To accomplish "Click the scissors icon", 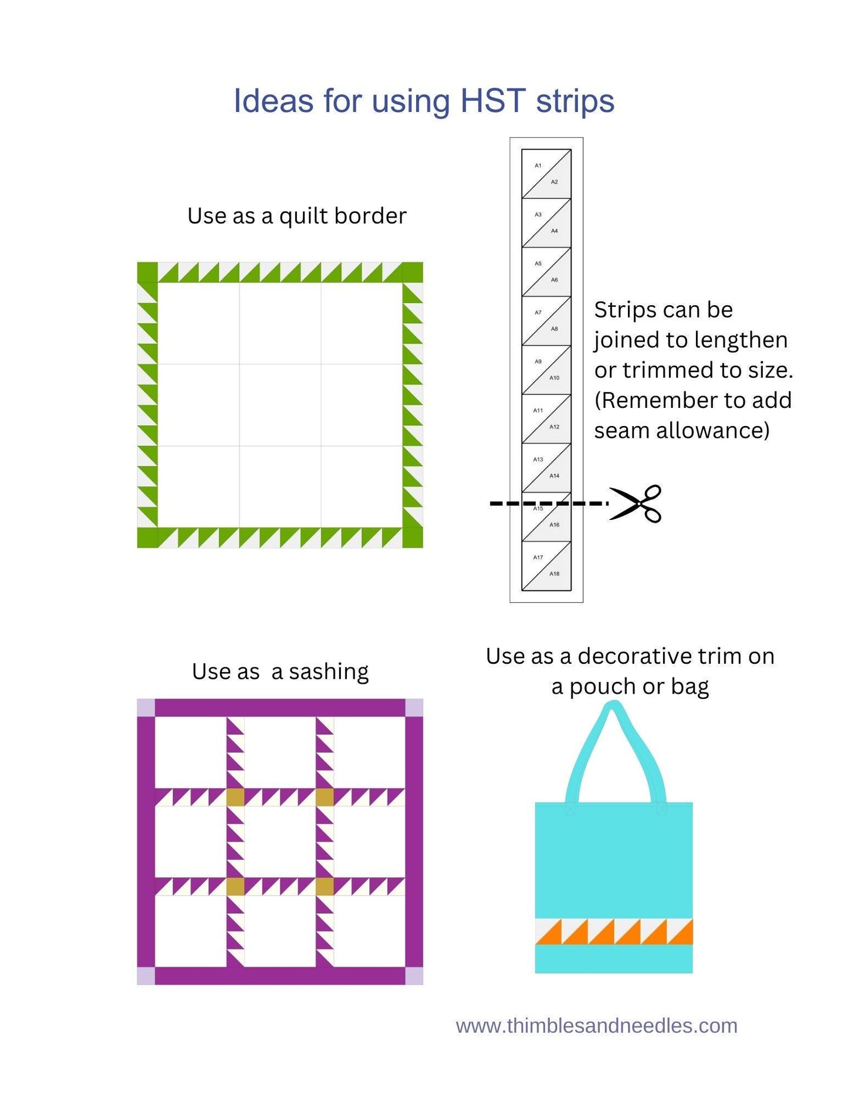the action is coord(636,504).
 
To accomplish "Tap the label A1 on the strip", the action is coord(538,165).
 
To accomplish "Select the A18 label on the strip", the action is coord(554,573).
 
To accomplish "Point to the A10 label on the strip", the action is coord(554,378).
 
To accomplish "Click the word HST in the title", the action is coord(492,101).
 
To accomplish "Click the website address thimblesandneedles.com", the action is coord(596,1025).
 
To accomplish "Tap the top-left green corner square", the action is coord(147,272).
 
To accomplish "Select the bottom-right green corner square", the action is coord(413,538).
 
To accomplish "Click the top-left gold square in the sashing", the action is coord(235,797).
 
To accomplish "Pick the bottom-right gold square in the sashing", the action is coord(325,886).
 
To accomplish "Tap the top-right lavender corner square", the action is coord(414,708).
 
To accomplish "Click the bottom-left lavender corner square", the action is coord(146,976).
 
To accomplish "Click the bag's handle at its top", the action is coord(613,709).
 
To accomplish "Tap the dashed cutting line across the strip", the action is coord(549,504).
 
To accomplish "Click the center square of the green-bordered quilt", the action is coord(280,405).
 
